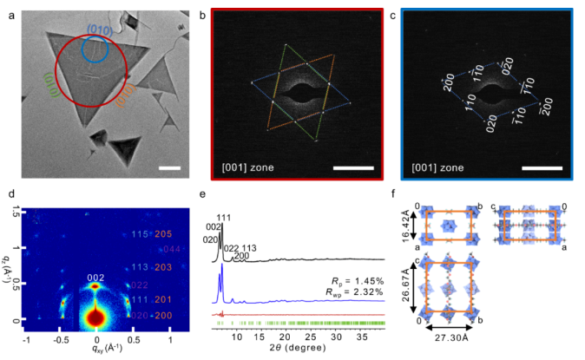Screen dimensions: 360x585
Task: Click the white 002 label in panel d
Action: pyautogui.click(x=95, y=278)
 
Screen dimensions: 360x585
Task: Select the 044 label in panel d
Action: pyautogui.click(x=169, y=250)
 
